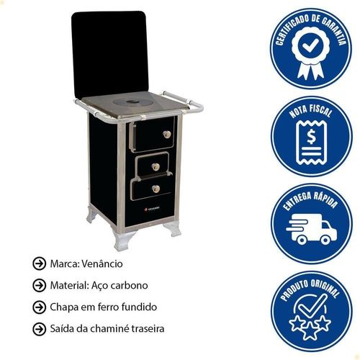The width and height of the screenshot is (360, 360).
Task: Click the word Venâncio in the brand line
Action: click(x=102, y=264)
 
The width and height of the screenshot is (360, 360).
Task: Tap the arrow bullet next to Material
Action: click(x=39, y=285)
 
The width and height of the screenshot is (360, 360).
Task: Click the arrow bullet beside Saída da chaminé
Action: click(x=39, y=328)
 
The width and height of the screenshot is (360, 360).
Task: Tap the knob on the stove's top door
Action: click(x=167, y=135)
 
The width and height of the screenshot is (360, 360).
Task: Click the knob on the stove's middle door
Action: click(x=156, y=166)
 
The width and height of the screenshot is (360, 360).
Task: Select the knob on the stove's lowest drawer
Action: click(x=156, y=189)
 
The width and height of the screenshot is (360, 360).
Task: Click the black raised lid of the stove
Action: click(x=110, y=54)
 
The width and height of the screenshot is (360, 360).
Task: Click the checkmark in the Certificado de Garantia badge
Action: click(x=310, y=45)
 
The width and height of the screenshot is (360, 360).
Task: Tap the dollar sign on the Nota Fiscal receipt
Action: click(x=311, y=137)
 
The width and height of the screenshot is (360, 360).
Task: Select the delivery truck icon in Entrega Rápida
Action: click(x=312, y=229)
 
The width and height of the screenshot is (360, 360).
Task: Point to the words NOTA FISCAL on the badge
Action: click(x=310, y=111)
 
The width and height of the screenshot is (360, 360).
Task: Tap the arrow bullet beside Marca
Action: click(x=39, y=264)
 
